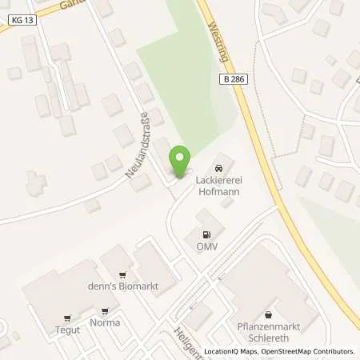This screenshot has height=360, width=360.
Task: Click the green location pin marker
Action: (x=180, y=162)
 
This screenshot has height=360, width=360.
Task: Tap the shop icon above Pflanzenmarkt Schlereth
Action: (x=268, y=314)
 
